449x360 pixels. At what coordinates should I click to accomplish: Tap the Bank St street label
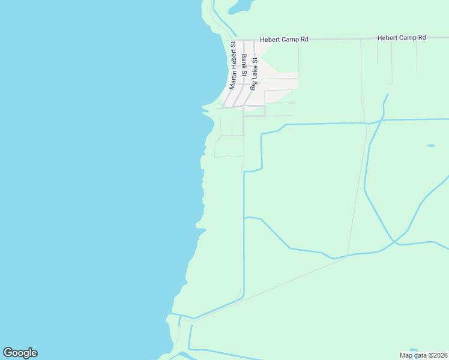[x=244, y=65]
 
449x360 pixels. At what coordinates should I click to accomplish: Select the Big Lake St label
[x=254, y=74]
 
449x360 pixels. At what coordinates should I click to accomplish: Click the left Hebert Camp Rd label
[x=284, y=40]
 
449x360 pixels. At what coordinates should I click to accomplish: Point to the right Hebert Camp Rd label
[x=402, y=38]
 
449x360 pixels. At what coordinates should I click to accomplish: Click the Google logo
[x=20, y=353]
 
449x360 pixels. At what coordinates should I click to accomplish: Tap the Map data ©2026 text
[x=423, y=355]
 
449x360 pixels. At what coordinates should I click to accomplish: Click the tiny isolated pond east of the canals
[x=430, y=146]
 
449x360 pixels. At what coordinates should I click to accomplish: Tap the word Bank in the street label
[x=244, y=61]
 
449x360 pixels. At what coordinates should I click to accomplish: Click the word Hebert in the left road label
[x=270, y=40]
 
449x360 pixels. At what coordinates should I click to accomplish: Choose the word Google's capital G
[x=8, y=353]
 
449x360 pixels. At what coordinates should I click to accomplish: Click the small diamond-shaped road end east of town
[x=293, y=103]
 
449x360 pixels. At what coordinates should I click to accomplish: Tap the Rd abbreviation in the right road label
[x=421, y=38]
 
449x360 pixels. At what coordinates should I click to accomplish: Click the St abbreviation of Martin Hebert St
[x=233, y=45]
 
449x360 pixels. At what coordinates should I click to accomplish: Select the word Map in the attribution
[x=406, y=355]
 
